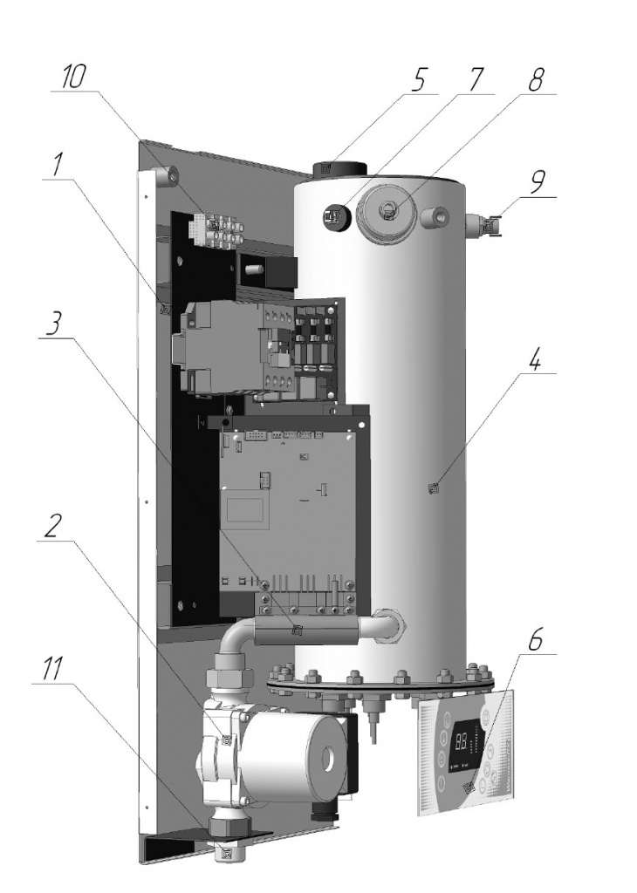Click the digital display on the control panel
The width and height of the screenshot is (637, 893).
tap(463, 742)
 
